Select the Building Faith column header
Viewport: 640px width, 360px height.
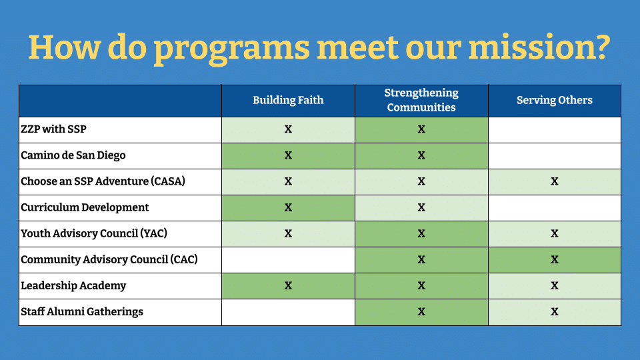pos(288,100)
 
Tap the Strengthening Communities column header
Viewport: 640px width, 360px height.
pos(421,100)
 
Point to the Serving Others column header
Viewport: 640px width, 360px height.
pos(554,100)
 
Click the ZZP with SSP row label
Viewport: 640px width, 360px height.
pos(53,129)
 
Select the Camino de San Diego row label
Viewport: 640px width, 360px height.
pos(73,155)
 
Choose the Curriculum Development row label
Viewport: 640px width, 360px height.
pos(85,207)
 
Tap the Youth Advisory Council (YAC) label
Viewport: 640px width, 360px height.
pos(94,233)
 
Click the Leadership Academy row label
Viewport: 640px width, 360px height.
pos(73,286)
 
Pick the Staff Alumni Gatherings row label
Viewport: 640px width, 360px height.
pos(81,312)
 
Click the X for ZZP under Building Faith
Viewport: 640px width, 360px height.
pos(288,129)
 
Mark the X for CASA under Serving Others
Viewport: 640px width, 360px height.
pos(554,181)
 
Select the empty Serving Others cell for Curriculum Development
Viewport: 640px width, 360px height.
pos(554,208)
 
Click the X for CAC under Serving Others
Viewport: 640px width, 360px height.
pos(554,259)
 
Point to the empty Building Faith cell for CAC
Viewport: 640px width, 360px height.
pos(288,260)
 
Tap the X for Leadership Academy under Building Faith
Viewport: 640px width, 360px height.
pos(288,286)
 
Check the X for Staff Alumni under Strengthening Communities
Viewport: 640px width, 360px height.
pos(421,312)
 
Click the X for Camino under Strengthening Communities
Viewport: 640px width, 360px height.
pos(421,155)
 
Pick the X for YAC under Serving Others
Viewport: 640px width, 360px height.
pos(554,233)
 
